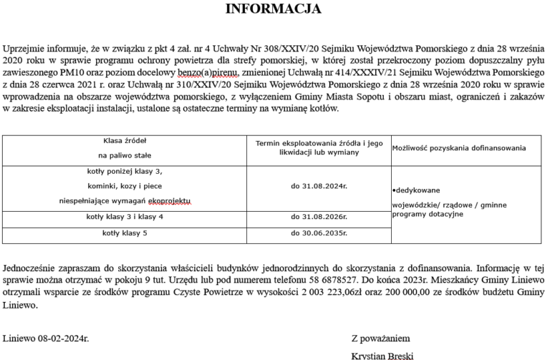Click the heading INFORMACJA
tap(274, 9)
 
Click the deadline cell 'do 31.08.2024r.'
tap(319, 185)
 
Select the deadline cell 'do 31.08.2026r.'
tap(319, 216)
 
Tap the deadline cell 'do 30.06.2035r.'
tap(319, 233)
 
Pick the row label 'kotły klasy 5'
tap(125, 233)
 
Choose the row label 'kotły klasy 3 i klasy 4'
tap(125, 216)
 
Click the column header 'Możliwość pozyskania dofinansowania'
tap(459, 148)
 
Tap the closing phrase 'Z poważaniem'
tap(381, 337)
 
